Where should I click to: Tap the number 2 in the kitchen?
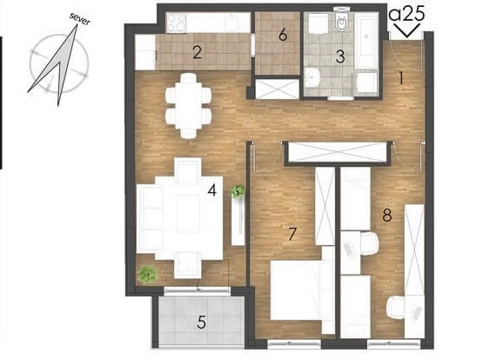pos(198,52)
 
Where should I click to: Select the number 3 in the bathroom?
pos(340,57)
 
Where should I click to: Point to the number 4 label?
pos(212,190)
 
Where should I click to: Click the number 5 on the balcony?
pos(201,323)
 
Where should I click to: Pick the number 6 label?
pos(283,35)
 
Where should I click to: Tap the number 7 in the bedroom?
pos(292,234)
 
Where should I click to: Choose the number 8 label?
pos(387,215)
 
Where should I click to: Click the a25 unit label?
pos(407,14)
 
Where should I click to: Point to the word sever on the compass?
pos(80,19)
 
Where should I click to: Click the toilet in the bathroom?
pos(341,22)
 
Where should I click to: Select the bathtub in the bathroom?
pos(366,40)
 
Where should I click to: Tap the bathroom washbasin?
pos(313,77)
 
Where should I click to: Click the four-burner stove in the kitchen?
pos(176,22)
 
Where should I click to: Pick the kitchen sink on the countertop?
pos(231,23)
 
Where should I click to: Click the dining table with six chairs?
pos(189,106)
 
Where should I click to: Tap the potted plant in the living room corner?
pos(148,274)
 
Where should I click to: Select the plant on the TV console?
pos(238,190)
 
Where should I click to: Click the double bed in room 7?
pos(302,290)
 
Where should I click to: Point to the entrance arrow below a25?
pos(407,30)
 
